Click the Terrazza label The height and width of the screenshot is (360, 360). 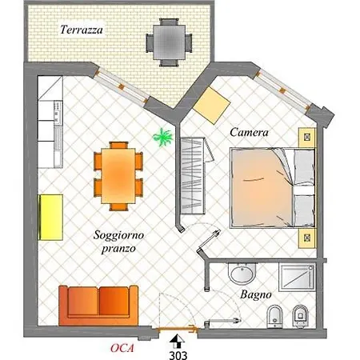pyautogui.click(x=82, y=30)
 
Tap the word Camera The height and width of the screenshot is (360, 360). pyautogui.click(x=249, y=132)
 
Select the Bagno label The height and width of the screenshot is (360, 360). pyautogui.click(x=256, y=295)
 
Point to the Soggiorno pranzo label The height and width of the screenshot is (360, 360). pyautogui.click(x=118, y=242)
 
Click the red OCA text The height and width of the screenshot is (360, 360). pyautogui.click(x=122, y=348)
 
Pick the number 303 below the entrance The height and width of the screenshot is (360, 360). pyautogui.click(x=178, y=355)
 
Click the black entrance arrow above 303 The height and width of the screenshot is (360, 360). pyautogui.click(x=177, y=342)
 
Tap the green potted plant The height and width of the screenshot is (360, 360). pyautogui.click(x=162, y=137)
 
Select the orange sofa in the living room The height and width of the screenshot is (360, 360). pyautogui.click(x=98, y=306)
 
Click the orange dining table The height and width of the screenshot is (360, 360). pyautogui.click(x=118, y=175)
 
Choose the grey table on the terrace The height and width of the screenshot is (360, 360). pyautogui.click(x=169, y=42)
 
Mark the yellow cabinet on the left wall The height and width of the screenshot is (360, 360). pyautogui.click(x=51, y=218)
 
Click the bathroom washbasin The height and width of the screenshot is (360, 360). pyautogui.click(x=242, y=273)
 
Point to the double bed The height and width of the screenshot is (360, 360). pyautogui.click(x=273, y=188)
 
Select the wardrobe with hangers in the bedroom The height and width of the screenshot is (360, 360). pyautogui.click(x=193, y=176)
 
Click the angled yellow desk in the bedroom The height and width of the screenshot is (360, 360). pyautogui.click(x=211, y=106)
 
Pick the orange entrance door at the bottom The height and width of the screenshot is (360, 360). pyautogui.click(x=177, y=330)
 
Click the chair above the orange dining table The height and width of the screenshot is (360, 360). pyautogui.click(x=118, y=145)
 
